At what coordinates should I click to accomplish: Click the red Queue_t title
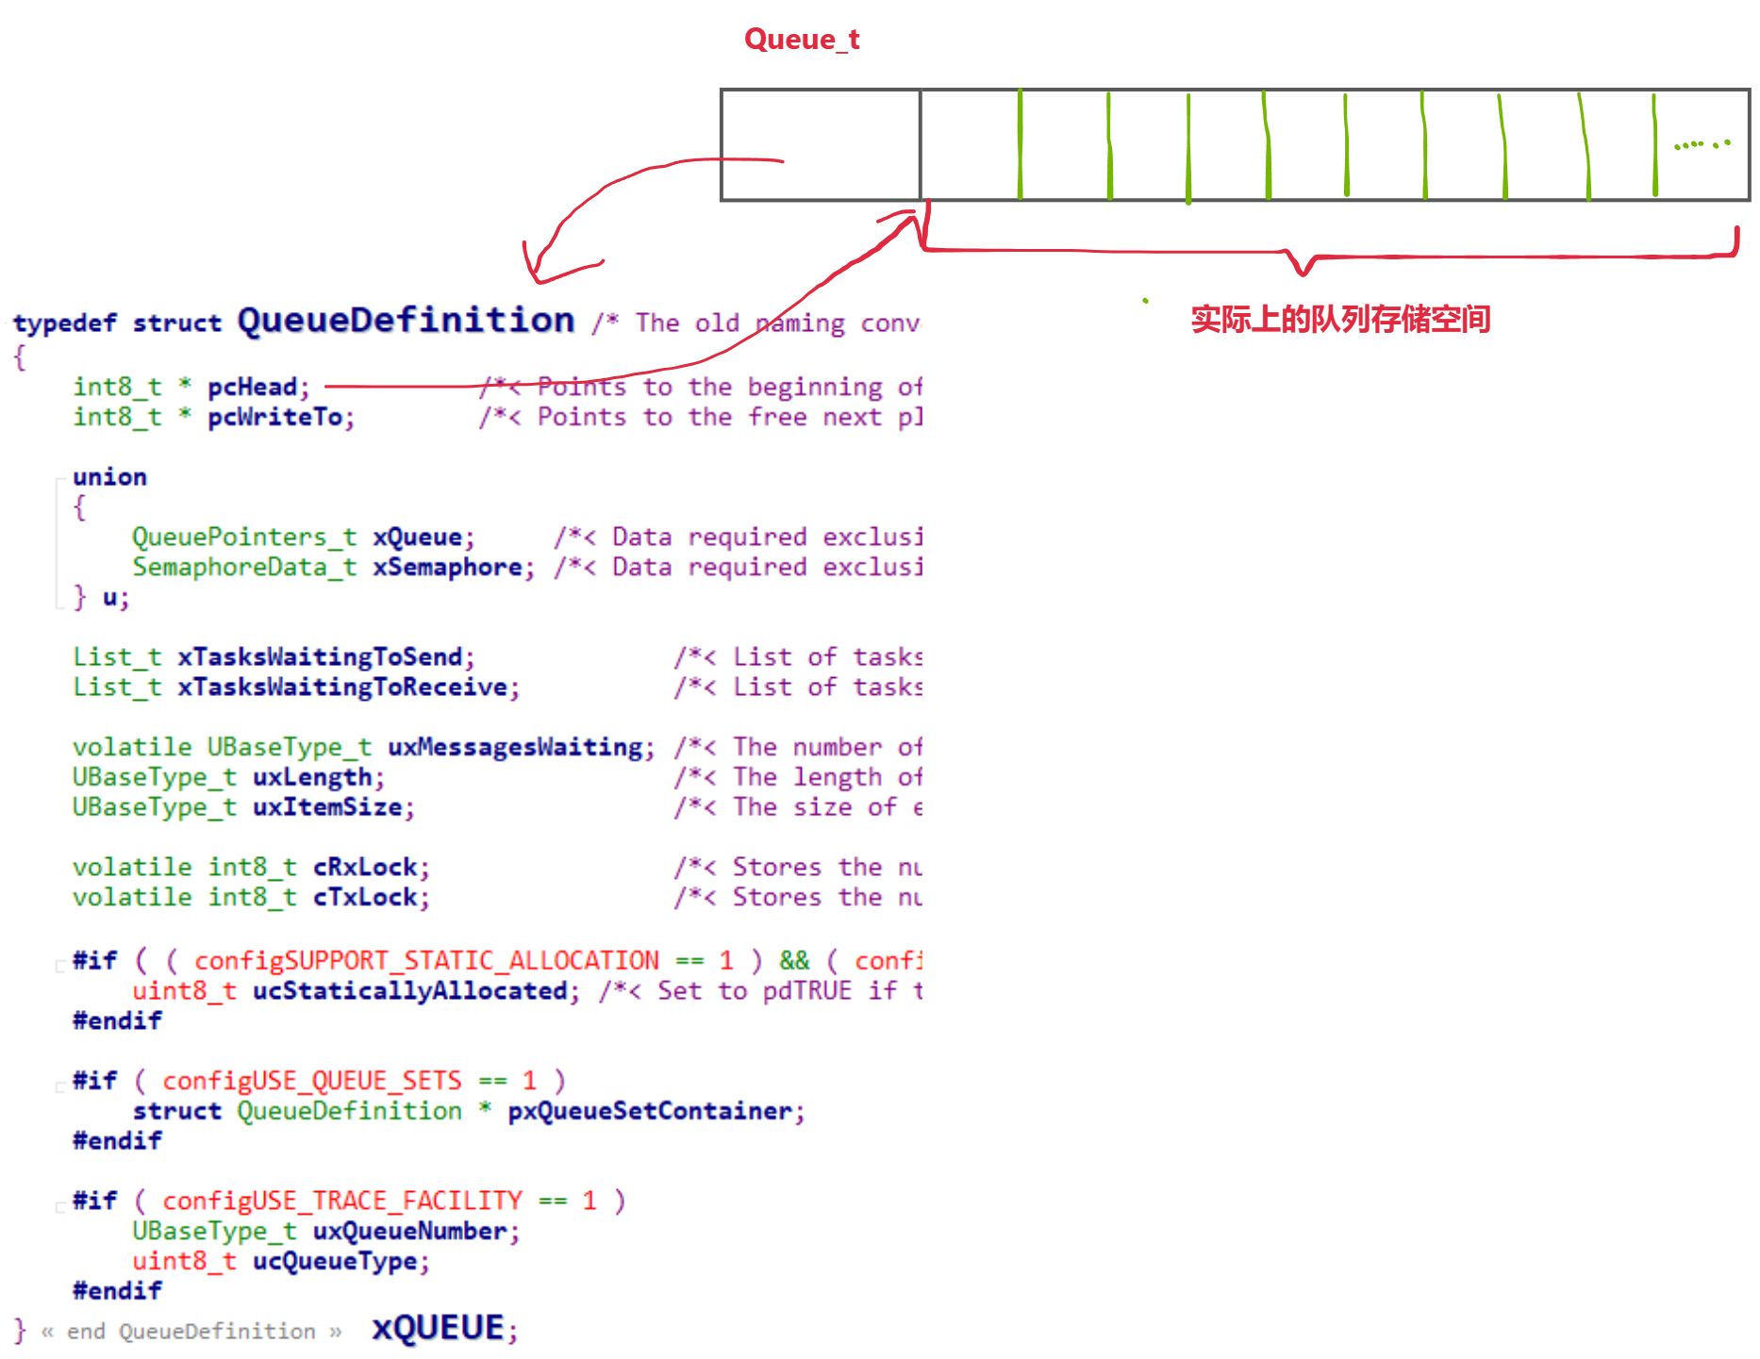tap(802, 40)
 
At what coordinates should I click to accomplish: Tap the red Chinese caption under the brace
tap(1339, 320)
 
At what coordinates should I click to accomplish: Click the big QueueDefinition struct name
tap(406, 321)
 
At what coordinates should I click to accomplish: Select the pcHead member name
tap(252, 387)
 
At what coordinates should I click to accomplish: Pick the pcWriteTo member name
tap(275, 417)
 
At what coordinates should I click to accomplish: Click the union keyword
tap(109, 477)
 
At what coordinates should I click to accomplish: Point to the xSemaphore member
tap(447, 567)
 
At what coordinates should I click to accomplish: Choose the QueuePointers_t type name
tap(243, 537)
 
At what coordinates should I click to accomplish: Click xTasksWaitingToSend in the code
tap(320, 656)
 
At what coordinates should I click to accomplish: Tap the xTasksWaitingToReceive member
tap(342, 687)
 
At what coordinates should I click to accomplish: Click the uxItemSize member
tap(327, 807)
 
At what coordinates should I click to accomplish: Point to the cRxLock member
tap(365, 867)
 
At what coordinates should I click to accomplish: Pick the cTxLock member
tap(365, 897)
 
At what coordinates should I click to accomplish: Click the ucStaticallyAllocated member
tap(409, 990)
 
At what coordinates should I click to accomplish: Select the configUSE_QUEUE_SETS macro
tap(311, 1080)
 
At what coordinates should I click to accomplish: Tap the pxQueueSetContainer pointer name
tap(649, 1111)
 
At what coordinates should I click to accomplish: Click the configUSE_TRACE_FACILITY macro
tap(341, 1201)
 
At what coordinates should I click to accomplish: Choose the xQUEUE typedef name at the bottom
tap(439, 1328)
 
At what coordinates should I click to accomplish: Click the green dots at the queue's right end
tap(1702, 144)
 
